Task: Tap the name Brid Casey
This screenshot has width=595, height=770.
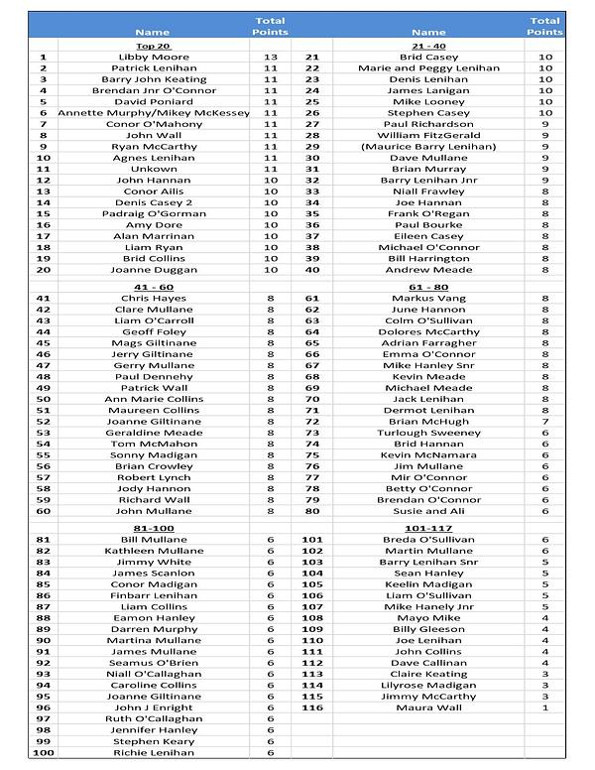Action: pyautogui.click(x=428, y=58)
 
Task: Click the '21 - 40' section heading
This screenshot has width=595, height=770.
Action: pyautogui.click(x=428, y=46)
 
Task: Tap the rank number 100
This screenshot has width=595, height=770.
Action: pyautogui.click(x=43, y=753)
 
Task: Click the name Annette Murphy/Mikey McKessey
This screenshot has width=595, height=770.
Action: pyautogui.click(x=154, y=113)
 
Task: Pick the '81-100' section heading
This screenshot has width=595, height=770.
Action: pyautogui.click(x=153, y=528)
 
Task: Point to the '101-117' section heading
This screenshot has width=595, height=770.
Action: pyautogui.click(x=428, y=528)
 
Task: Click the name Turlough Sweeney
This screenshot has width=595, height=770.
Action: pyautogui.click(x=428, y=433)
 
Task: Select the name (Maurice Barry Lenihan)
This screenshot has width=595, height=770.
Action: pyautogui.click(x=428, y=147)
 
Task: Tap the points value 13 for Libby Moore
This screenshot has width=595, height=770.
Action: pyautogui.click(x=271, y=58)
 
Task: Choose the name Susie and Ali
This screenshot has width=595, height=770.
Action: pyautogui.click(x=428, y=511)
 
